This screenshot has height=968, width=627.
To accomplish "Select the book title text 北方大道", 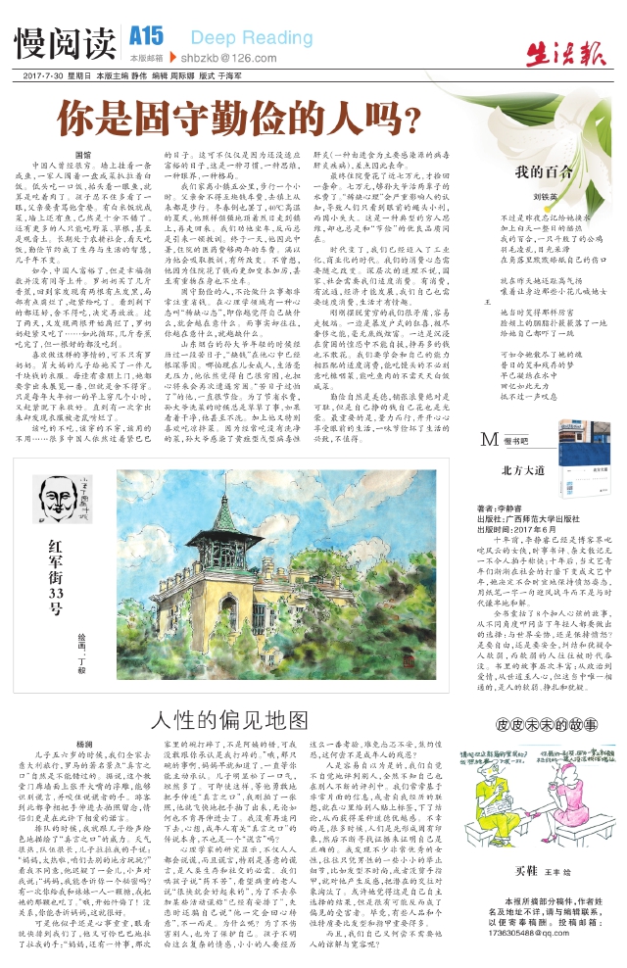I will click(521, 471).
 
